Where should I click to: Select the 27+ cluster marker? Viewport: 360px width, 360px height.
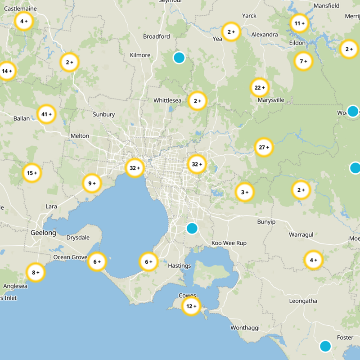pyautogui.click(x=264, y=147)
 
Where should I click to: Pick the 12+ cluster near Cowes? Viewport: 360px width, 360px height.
pyautogui.click(x=191, y=306)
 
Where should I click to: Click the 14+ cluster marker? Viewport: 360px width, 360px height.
pyautogui.click(x=7, y=71)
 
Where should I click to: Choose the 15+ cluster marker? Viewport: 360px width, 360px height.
pyautogui.click(x=32, y=173)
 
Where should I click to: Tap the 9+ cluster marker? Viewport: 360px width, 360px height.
pyautogui.click(x=92, y=183)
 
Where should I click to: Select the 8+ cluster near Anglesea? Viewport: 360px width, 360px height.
pyautogui.click(x=36, y=272)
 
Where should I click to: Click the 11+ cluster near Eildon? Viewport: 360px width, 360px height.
pyautogui.click(x=299, y=23)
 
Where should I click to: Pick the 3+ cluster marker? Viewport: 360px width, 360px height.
pyautogui.click(x=245, y=192)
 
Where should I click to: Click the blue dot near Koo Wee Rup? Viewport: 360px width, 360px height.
pyautogui.click(x=192, y=228)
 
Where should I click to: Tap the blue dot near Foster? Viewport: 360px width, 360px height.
pyautogui.click(x=325, y=346)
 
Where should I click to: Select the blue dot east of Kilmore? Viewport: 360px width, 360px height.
pyautogui.click(x=179, y=57)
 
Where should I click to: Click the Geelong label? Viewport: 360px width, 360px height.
pyautogui.click(x=43, y=233)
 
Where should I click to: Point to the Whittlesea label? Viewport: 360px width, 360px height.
pyautogui.click(x=167, y=100)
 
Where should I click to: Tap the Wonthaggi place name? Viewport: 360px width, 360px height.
pyautogui.click(x=245, y=328)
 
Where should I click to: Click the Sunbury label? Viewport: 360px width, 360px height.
pyautogui.click(x=104, y=114)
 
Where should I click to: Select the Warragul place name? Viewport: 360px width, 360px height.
pyautogui.click(x=301, y=234)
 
